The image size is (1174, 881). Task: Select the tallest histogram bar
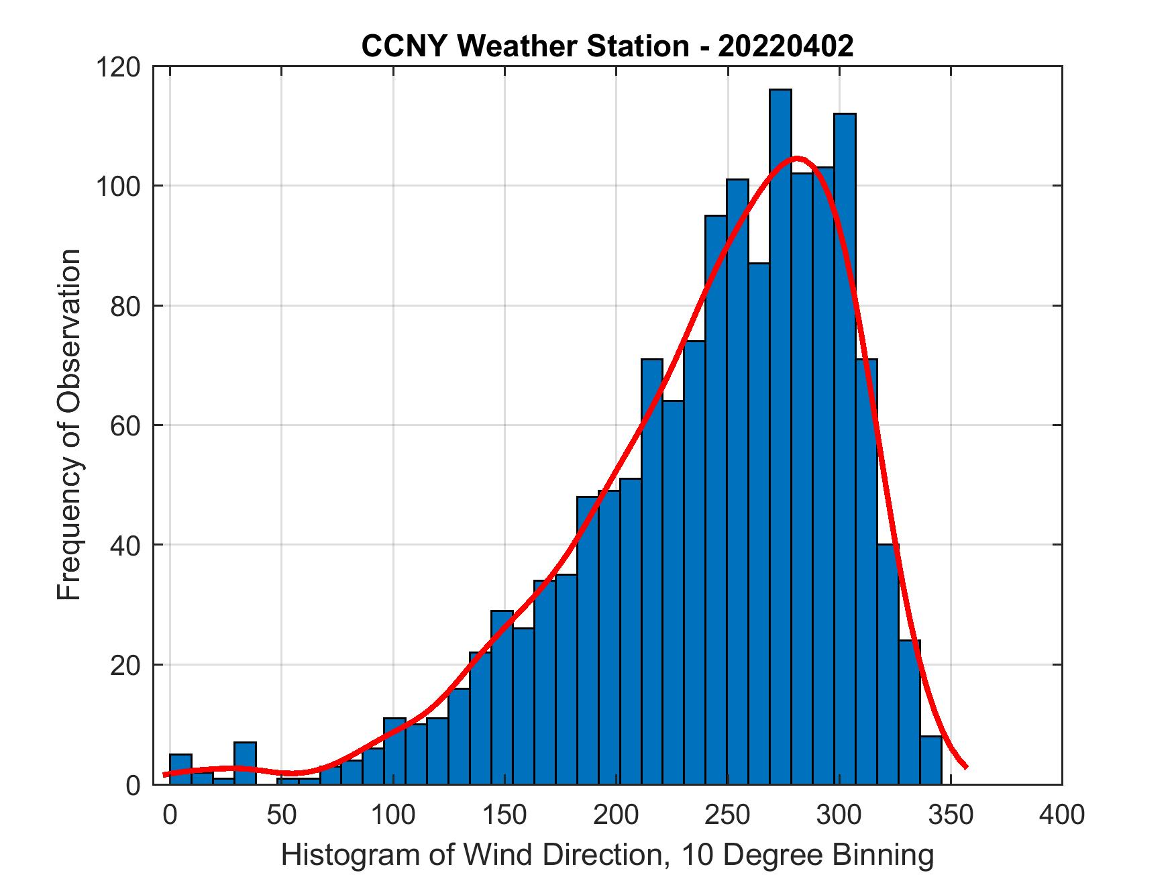(x=780, y=436)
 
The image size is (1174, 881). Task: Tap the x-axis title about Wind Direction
(x=607, y=855)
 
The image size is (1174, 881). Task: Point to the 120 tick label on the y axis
(x=117, y=67)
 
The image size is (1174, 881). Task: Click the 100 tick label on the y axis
(x=117, y=187)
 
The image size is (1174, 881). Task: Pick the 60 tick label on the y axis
(x=125, y=425)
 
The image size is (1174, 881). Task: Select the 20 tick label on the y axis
(x=125, y=665)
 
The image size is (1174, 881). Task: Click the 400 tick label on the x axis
(x=1062, y=815)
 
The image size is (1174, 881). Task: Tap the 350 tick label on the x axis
(x=951, y=815)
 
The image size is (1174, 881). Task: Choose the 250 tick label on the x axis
(x=728, y=815)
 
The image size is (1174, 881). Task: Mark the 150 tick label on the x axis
(x=504, y=815)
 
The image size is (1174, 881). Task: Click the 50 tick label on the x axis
(x=282, y=815)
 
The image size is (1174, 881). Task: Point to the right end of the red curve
(x=965, y=766)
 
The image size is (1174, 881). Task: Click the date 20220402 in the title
(x=786, y=46)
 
